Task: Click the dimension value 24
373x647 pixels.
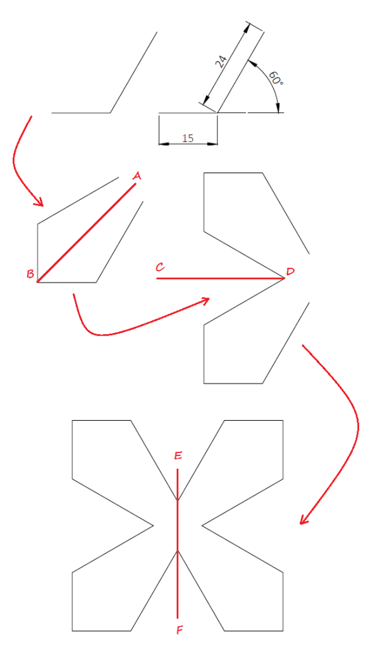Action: (221, 61)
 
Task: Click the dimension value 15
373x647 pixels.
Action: (188, 138)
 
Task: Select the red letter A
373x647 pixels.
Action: (137, 176)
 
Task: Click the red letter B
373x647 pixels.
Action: (30, 274)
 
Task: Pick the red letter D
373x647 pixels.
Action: (290, 272)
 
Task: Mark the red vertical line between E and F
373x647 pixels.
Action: (178, 543)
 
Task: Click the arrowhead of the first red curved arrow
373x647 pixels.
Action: (39, 203)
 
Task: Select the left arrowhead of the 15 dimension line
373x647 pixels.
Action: (162, 143)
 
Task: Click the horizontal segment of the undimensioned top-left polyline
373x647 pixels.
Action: (81, 113)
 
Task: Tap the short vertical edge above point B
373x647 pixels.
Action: (38, 253)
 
